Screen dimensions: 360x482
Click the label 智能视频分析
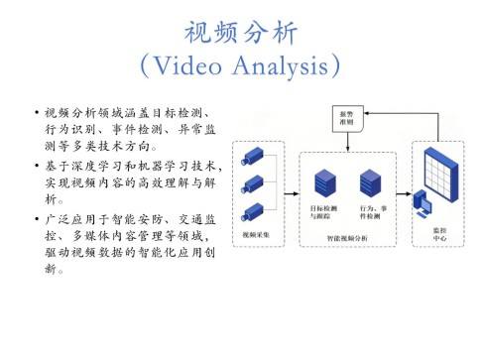click(x=346, y=239)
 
